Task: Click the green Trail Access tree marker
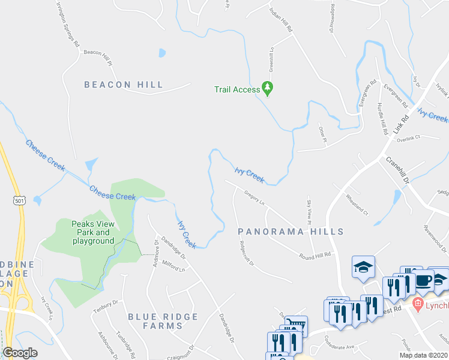[267, 89]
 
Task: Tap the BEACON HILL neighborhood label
[124, 85]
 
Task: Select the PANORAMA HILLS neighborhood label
[291, 231]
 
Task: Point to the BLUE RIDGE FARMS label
[155, 321]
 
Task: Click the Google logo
[20, 353]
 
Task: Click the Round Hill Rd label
[315, 256]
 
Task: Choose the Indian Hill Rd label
[281, 20]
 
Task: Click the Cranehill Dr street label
[397, 170]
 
